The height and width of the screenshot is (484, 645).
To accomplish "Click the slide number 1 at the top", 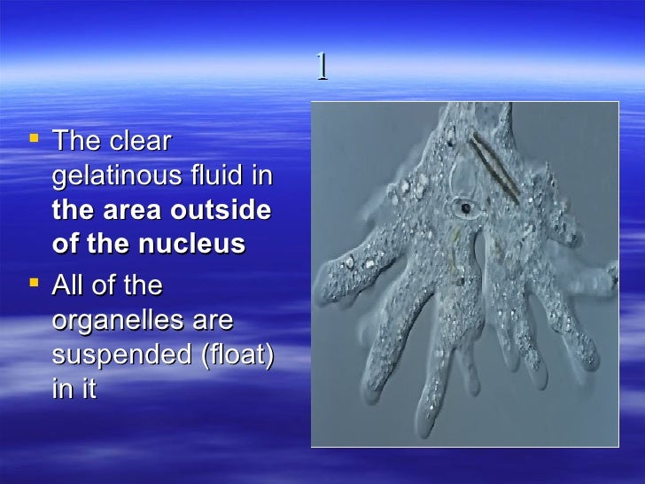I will (322, 67).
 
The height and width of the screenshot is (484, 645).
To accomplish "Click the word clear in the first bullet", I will (141, 142).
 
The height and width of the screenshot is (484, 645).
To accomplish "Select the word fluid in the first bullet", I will (219, 176).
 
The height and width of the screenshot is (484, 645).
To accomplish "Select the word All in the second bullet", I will (70, 285).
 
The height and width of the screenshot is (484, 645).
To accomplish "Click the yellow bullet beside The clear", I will (35, 138).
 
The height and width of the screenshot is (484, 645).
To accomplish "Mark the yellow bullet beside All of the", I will (35, 283).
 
